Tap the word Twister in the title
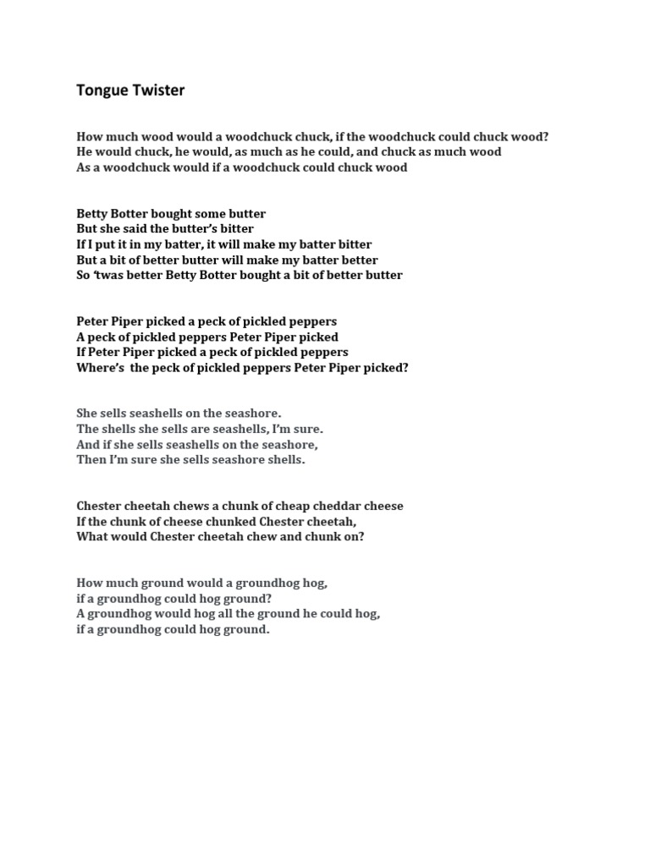coord(157,90)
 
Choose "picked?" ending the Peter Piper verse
coord(386,368)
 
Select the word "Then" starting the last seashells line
coord(91,460)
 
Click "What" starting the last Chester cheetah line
coord(91,536)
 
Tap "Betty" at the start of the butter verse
coord(91,213)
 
